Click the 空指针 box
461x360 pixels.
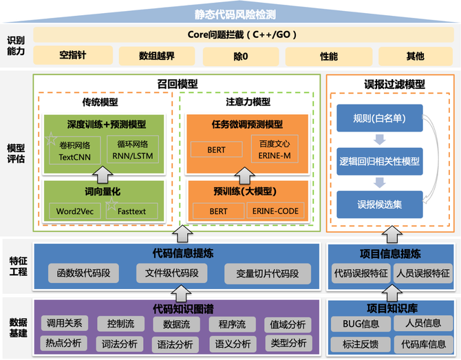pyautogui.click(x=73, y=55)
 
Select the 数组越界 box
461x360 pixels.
pyautogui.click(x=157, y=56)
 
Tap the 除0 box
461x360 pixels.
pyautogui.click(x=241, y=56)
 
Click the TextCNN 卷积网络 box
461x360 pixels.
pyautogui.click(x=75, y=150)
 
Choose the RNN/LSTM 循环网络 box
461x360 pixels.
pyautogui.click(x=133, y=149)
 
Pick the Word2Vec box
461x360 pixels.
pyautogui.click(x=75, y=211)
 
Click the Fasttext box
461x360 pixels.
pyautogui.click(x=131, y=211)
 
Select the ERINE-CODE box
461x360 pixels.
pyautogui.click(x=275, y=211)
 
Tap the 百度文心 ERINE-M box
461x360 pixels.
pyautogui.click(x=275, y=149)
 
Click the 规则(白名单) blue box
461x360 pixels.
pyautogui.click(x=380, y=118)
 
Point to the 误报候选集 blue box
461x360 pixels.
pyautogui.click(x=380, y=204)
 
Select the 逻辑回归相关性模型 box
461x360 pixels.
pyautogui.click(x=380, y=161)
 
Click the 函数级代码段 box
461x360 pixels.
pyautogui.click(x=83, y=273)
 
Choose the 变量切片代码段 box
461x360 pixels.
pyautogui.click(x=268, y=274)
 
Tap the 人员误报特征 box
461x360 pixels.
pyautogui.click(x=423, y=273)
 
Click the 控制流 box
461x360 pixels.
pyautogui.click(x=121, y=324)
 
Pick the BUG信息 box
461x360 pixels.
pyautogui.click(x=361, y=324)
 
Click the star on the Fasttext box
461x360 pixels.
pyautogui.click(x=111, y=204)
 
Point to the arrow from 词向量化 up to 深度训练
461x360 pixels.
pyautogui.click(x=103, y=175)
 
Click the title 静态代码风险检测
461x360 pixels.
pyautogui.click(x=235, y=14)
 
